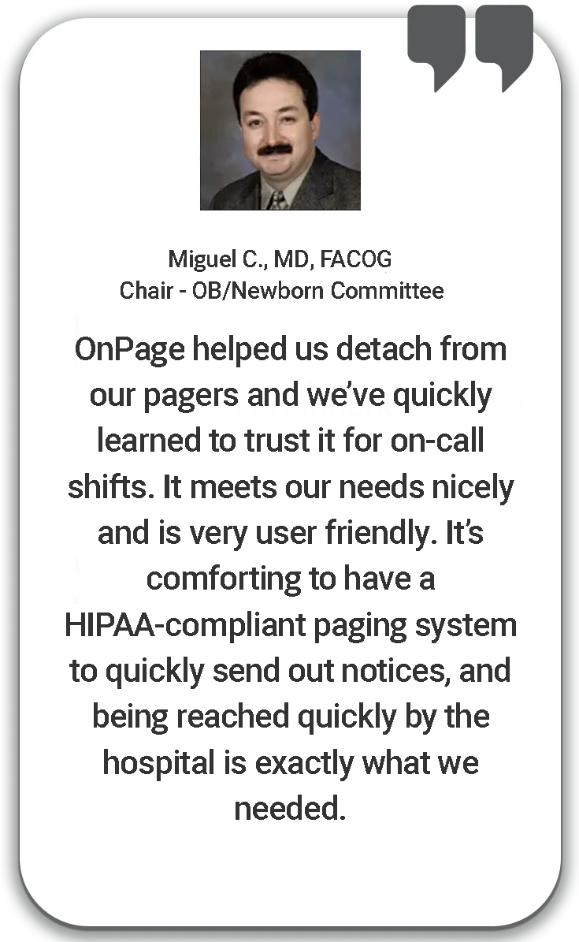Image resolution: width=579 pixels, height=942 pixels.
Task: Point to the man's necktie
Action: click(277, 199)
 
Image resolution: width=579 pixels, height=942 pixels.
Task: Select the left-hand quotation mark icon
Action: click(436, 47)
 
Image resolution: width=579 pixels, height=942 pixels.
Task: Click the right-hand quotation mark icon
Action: click(505, 47)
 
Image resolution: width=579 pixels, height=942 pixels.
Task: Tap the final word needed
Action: click(289, 808)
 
